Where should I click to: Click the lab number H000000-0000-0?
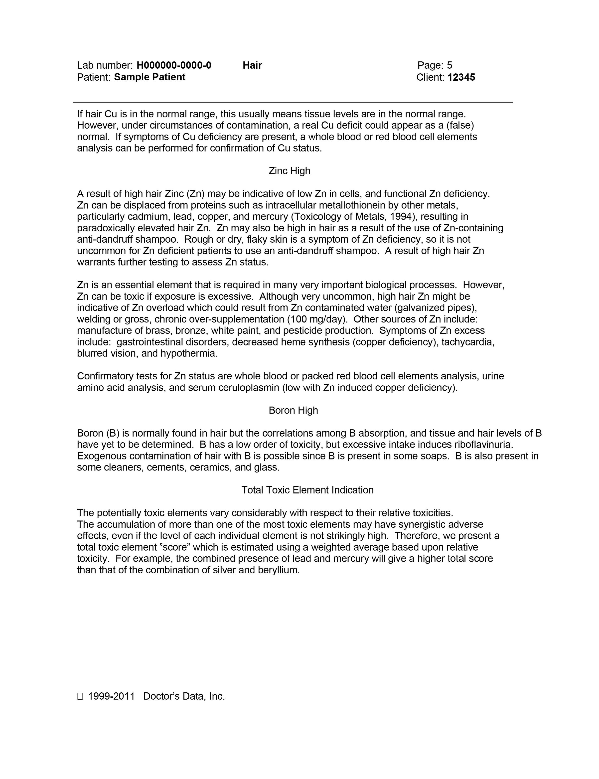click(174, 65)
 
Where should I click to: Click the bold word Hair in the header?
click(252, 65)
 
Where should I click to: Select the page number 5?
click(449, 65)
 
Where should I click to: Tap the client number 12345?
click(461, 77)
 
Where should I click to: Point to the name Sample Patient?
click(150, 77)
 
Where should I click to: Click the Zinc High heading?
click(289, 171)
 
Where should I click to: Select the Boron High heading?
click(293, 410)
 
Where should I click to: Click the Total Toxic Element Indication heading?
click(307, 490)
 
